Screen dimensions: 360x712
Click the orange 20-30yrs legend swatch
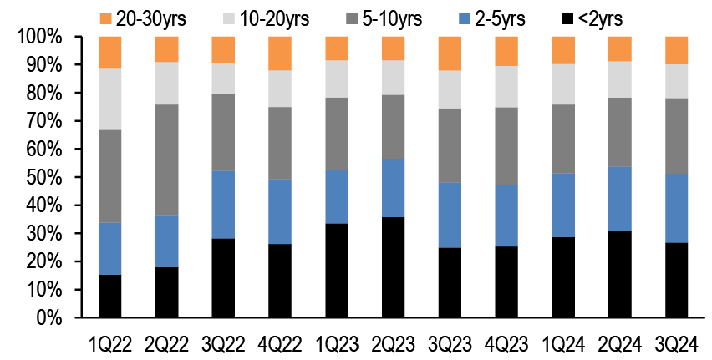(104, 18)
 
